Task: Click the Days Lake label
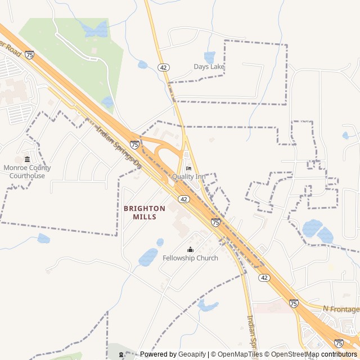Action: (209, 66)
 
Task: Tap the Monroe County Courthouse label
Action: (27, 172)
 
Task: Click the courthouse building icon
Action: (27, 160)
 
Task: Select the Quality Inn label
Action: (188, 177)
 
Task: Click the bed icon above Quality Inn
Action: (188, 168)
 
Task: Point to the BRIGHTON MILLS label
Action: (145, 212)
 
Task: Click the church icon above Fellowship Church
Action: (190, 250)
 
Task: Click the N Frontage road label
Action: (341, 309)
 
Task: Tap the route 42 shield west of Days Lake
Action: (164, 67)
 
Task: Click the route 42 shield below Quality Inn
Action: (184, 199)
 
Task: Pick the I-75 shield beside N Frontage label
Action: (294, 303)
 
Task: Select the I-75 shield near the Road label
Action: (29, 55)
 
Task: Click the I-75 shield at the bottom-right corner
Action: (339, 343)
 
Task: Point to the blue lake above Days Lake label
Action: (209, 57)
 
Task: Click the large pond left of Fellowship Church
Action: (148, 256)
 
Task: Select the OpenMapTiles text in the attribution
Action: (240, 354)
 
